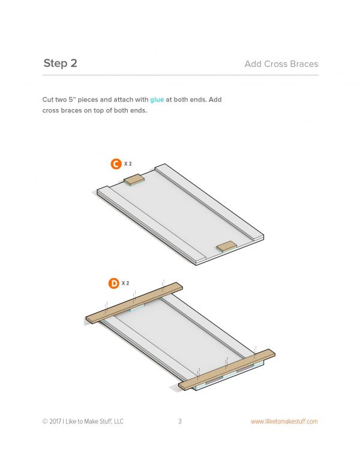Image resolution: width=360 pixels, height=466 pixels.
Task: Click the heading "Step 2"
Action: [x=60, y=63]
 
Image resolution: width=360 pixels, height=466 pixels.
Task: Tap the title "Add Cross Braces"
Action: [x=281, y=64]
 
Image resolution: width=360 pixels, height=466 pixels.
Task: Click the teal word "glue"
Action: [x=157, y=100]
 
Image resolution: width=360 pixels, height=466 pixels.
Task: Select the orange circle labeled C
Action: [x=116, y=164]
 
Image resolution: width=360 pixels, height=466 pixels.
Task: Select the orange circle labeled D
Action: [x=113, y=283]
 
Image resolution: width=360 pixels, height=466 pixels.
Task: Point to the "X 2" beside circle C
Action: [x=128, y=164]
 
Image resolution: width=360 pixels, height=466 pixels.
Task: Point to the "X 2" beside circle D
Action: [x=125, y=283]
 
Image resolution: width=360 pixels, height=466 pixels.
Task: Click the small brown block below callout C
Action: [x=134, y=180]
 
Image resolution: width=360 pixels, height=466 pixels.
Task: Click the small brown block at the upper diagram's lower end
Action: [x=227, y=247]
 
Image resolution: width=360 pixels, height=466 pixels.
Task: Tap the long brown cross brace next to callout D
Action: [x=134, y=303]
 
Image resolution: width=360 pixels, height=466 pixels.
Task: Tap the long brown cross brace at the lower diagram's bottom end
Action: [x=227, y=369]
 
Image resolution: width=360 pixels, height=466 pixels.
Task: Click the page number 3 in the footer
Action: [x=180, y=421]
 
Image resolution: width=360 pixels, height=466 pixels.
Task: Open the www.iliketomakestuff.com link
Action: [x=284, y=422]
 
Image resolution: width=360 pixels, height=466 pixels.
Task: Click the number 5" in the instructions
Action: [x=72, y=100]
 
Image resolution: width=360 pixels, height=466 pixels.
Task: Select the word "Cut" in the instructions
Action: [x=48, y=100]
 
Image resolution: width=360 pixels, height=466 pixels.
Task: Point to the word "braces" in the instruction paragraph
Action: [x=71, y=110]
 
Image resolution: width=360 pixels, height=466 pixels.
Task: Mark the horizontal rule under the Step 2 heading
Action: [x=181, y=75]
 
